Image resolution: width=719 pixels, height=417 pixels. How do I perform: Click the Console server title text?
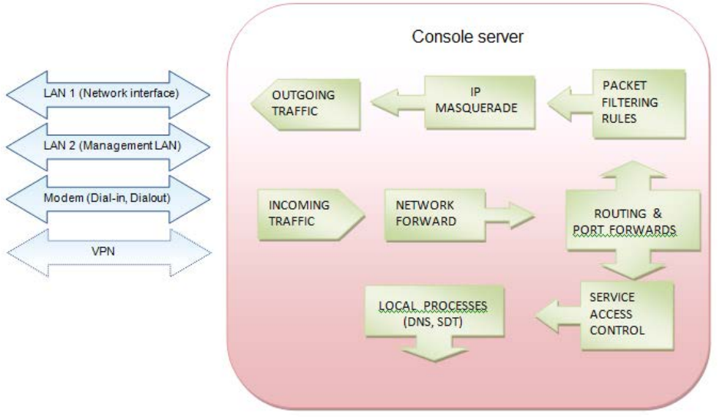[x=468, y=37]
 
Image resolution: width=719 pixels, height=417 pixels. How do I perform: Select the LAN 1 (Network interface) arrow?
[x=107, y=94]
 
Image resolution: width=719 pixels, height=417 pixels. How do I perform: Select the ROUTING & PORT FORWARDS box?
[x=633, y=221]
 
